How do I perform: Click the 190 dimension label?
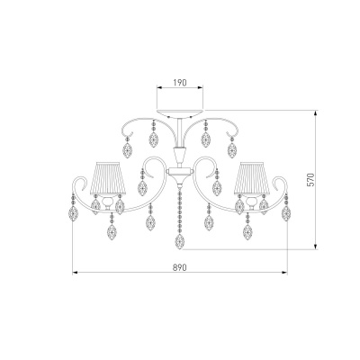coord(180,83)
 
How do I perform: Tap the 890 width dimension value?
coord(180,267)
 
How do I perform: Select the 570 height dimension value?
coord(311,180)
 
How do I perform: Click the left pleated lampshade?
coord(108,179)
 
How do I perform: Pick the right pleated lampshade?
coord(252,179)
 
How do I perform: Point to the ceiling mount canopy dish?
coord(180,113)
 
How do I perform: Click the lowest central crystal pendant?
coord(180,241)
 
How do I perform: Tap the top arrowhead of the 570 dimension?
coord(316,113)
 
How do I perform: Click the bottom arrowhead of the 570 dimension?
coord(316,246)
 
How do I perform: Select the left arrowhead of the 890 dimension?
coord(76,273)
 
